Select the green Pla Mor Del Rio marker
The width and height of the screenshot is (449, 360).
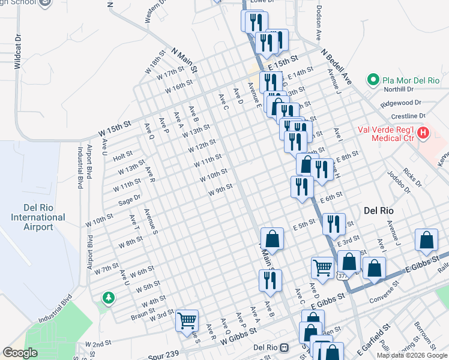pyautogui.click(x=372, y=80)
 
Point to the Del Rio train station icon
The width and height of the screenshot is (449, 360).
pyautogui.click(x=286, y=347)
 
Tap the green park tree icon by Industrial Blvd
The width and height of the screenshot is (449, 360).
pyautogui.click(x=108, y=297)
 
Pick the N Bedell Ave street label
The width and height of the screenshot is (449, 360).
pyautogui.click(x=337, y=66)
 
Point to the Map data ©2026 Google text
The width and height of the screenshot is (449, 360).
pyautogui.click(x=412, y=355)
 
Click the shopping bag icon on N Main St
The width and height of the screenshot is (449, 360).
pyautogui.click(x=272, y=238)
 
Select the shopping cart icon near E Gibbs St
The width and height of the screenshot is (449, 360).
pyautogui.click(x=323, y=267)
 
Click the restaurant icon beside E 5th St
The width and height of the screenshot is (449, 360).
pyautogui.click(x=334, y=223)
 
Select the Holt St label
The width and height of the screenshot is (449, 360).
pyautogui.click(x=122, y=155)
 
